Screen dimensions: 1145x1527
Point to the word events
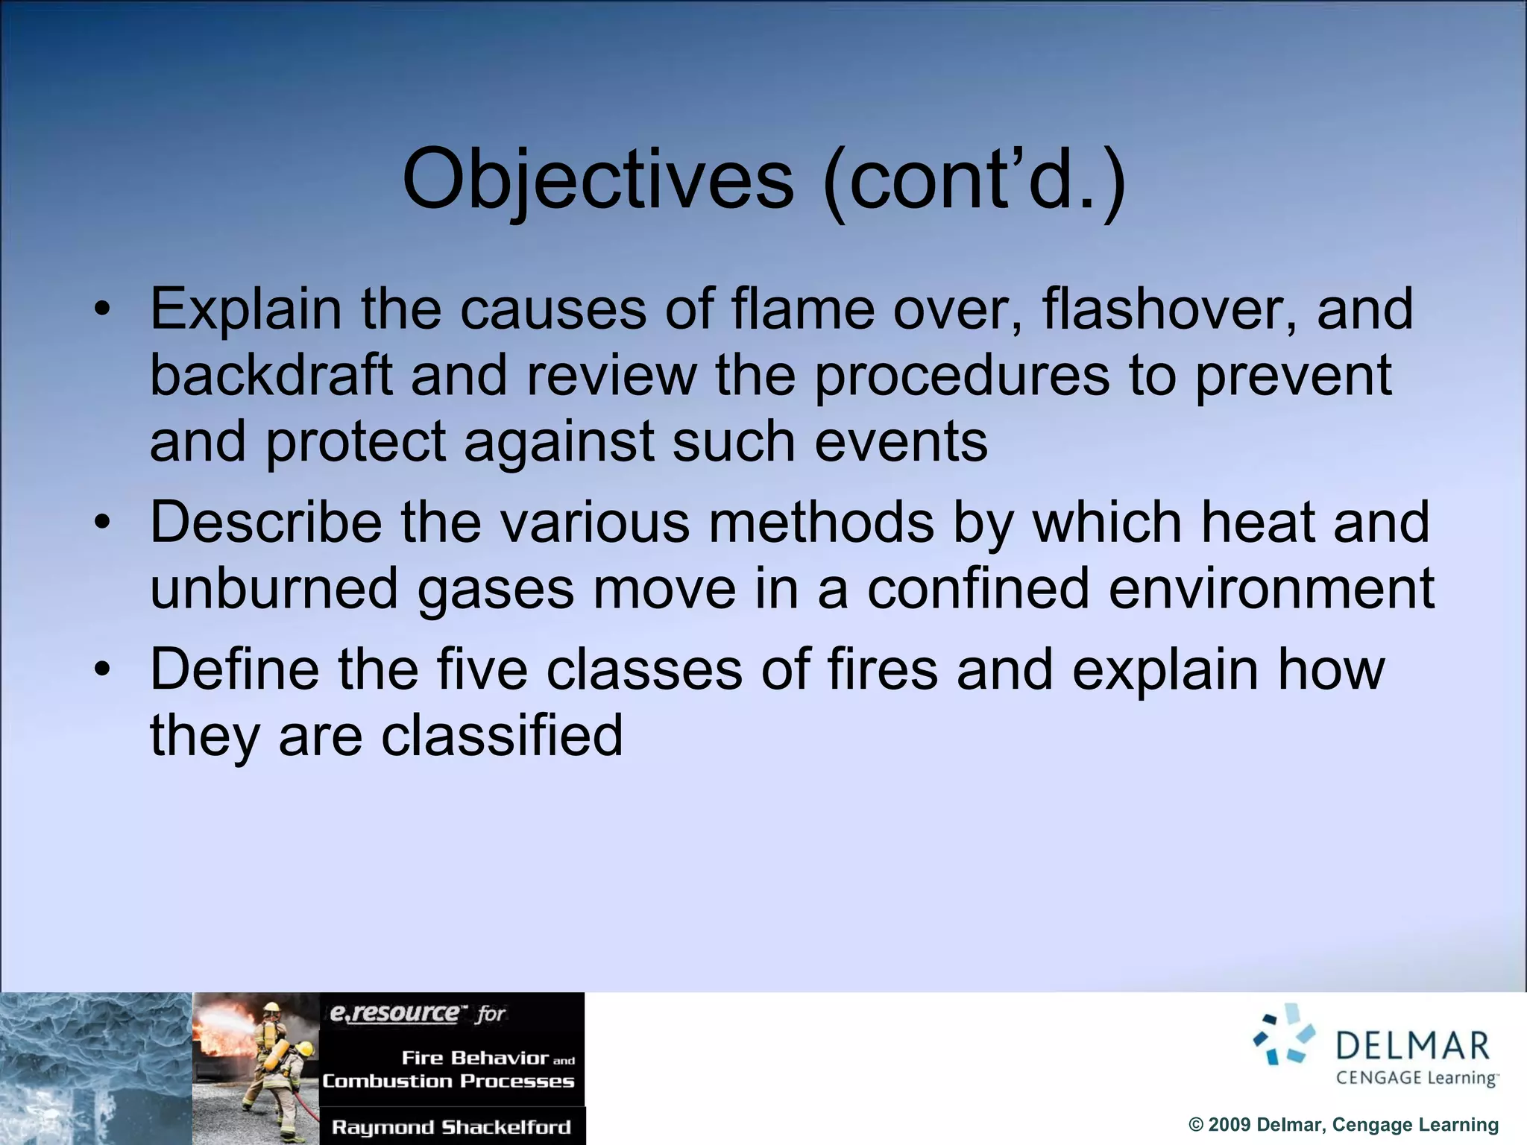(901, 441)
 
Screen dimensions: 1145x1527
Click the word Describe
(266, 522)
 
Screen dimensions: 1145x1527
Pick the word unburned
(274, 588)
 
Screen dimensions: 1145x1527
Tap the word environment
(1271, 588)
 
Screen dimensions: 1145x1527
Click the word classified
(502, 735)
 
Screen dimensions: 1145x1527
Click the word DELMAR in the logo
(1412, 1046)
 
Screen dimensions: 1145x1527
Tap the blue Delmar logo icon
(1285, 1035)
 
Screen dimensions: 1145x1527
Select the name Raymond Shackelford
(451, 1126)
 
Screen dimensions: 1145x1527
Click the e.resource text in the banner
(395, 1013)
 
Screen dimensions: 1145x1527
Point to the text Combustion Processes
(448, 1081)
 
